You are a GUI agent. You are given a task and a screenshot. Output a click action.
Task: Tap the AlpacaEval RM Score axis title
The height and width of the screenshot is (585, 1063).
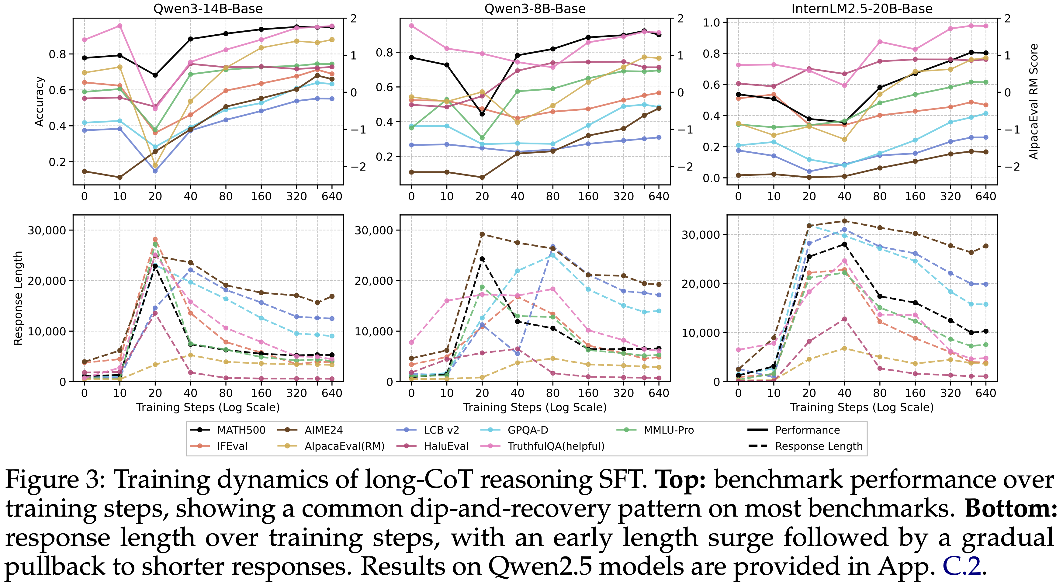[1033, 102]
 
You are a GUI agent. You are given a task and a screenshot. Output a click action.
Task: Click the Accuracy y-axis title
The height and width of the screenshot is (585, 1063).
[39, 102]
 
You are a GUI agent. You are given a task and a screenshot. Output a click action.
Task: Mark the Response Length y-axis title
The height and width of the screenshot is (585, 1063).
[18, 298]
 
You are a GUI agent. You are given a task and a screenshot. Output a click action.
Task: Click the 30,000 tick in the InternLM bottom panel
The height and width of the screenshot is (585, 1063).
[700, 235]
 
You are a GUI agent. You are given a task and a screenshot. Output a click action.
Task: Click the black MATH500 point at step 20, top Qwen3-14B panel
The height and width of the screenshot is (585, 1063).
[155, 75]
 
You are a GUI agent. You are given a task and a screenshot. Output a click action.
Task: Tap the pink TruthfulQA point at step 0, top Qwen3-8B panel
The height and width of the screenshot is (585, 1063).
[411, 26]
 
